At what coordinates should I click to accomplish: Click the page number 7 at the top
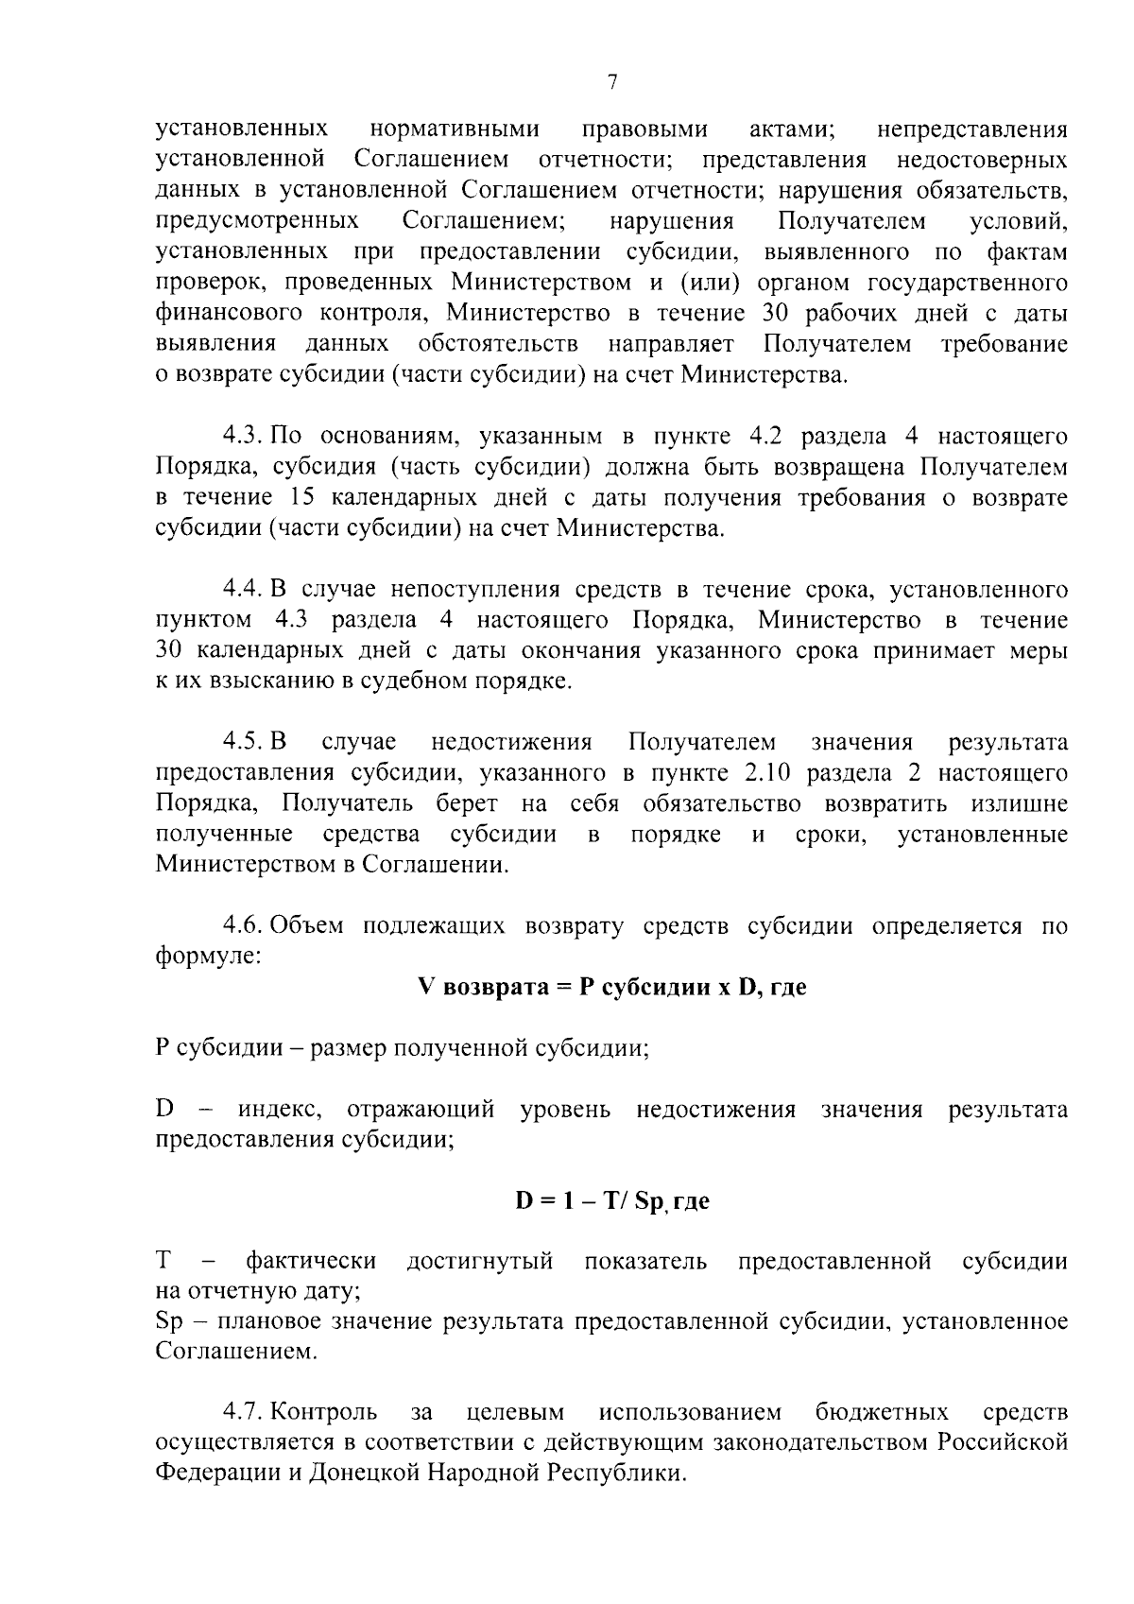(x=611, y=83)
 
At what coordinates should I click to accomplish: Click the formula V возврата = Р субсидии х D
(x=611, y=988)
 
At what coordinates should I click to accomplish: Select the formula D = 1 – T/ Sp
(x=611, y=1201)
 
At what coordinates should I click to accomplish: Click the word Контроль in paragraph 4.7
(x=324, y=1413)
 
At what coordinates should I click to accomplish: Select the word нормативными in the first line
(x=455, y=129)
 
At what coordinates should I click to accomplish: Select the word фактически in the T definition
(x=310, y=1262)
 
